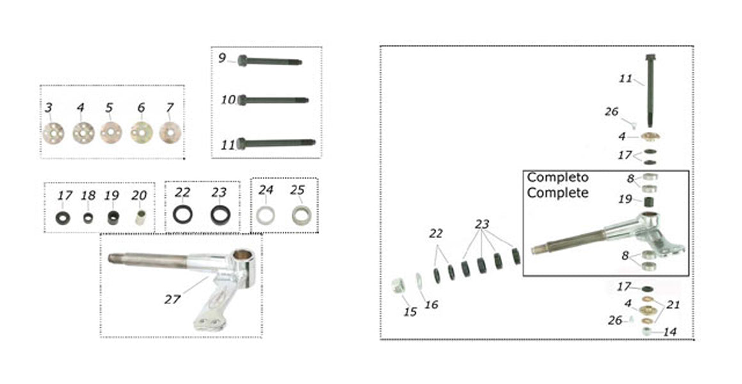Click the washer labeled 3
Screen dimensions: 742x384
[x=52, y=133]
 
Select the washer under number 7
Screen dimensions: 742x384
[x=170, y=133]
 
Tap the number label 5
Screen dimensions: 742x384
[x=109, y=108]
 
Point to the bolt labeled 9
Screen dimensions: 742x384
[x=269, y=61]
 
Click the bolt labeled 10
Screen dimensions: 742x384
[x=272, y=100]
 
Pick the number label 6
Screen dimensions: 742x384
[x=141, y=108]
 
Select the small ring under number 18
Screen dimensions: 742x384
[x=88, y=218]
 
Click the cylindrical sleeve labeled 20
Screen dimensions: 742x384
[x=140, y=218]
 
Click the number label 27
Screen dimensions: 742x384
[x=173, y=300]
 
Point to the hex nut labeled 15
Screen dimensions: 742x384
[x=397, y=285]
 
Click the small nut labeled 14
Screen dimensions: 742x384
[x=647, y=332]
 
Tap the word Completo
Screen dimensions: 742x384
[x=558, y=177]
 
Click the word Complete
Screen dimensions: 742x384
[x=558, y=193]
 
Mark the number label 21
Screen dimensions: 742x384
[x=673, y=305]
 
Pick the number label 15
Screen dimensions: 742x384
[x=410, y=312]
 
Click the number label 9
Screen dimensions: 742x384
[x=223, y=58]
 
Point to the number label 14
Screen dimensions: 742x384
[x=670, y=332]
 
